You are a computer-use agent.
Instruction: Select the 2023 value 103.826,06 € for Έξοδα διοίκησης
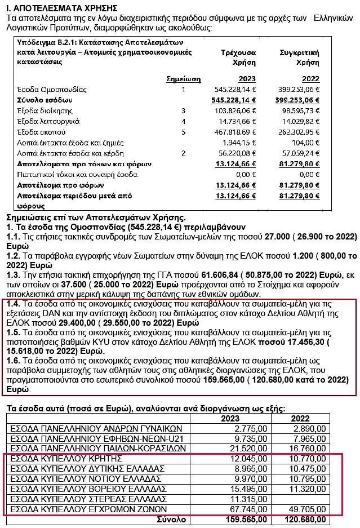pos(236,110)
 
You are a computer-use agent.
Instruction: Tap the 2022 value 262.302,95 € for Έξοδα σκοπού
pos(301,132)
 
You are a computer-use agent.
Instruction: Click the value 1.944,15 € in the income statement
pos(241,143)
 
